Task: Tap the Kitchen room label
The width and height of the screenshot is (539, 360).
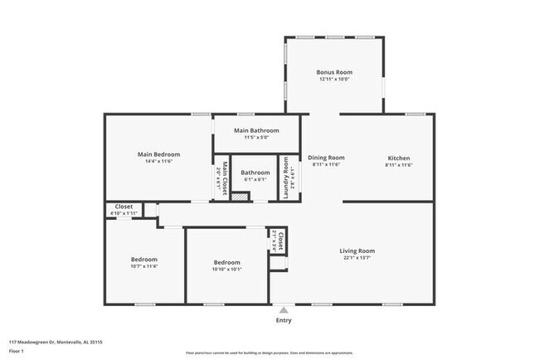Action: pos(399,158)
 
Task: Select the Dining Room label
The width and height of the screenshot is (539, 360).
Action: pos(327,158)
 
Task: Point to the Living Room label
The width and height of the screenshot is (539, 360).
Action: pos(357,251)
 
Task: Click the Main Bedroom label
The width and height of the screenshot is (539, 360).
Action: pos(158,154)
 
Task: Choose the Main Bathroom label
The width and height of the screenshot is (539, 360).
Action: pos(255,130)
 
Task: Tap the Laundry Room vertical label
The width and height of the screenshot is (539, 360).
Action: pos(284,177)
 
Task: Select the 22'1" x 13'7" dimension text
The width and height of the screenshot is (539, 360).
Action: pos(357,258)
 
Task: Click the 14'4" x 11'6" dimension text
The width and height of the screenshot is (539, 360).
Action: pos(158,162)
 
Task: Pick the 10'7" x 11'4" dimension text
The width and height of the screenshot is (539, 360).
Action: pos(143,266)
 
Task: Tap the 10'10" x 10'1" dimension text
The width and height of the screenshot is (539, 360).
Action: pos(227,269)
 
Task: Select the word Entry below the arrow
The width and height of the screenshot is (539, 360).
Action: pos(284,320)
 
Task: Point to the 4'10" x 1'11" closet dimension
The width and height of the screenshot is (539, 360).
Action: pos(124,214)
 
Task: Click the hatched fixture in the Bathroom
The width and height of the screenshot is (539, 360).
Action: pos(240,197)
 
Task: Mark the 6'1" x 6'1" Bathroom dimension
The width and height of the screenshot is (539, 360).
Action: pos(255,180)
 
